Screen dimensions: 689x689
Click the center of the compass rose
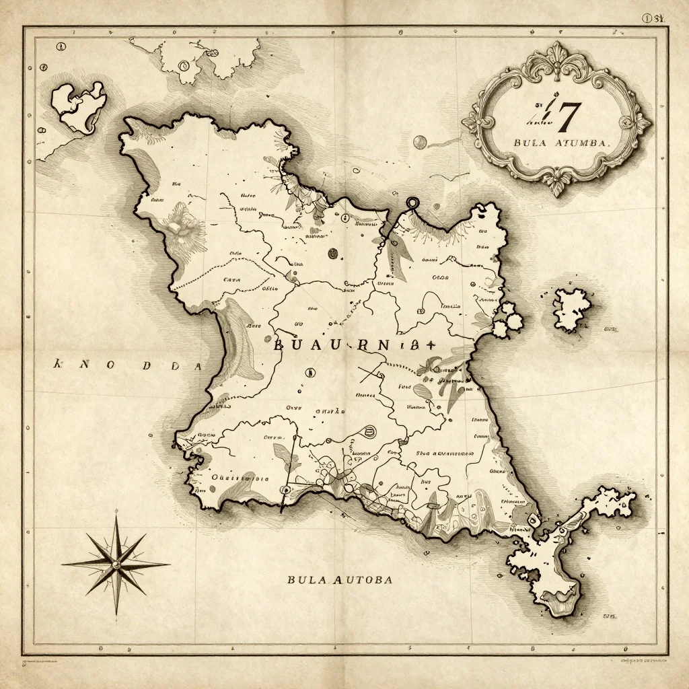coord(116,563)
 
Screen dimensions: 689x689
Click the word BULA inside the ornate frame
coord(528,143)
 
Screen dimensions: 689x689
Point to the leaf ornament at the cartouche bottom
coord(557,180)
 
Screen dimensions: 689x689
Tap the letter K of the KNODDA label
coord(58,365)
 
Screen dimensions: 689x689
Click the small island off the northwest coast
coord(79,106)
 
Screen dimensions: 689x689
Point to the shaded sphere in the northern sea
coord(420,141)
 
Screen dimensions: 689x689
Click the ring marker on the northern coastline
coord(411,203)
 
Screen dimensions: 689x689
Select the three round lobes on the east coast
coord(509,319)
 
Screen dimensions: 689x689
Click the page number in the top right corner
coord(653,20)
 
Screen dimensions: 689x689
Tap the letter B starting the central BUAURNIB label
coord(278,347)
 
